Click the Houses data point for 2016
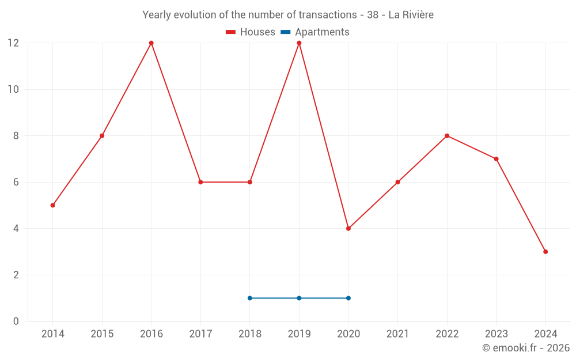click(x=151, y=43)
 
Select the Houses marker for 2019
click(x=299, y=43)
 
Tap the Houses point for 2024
click(x=545, y=252)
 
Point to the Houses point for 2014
click(x=53, y=205)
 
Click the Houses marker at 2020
click(x=348, y=229)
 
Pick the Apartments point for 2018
click(x=250, y=298)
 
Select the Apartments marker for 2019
click(x=299, y=298)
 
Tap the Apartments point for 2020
click(x=348, y=298)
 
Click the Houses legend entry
click(x=251, y=32)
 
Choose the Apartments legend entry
click(x=315, y=32)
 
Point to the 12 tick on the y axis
click(x=13, y=43)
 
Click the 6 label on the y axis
click(x=16, y=182)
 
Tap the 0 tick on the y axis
click(x=16, y=321)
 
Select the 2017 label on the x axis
click(x=200, y=334)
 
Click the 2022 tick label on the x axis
click(x=447, y=334)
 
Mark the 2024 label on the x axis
click(x=545, y=334)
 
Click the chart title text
click(x=288, y=15)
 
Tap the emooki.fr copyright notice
click(x=526, y=348)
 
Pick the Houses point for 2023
click(x=496, y=159)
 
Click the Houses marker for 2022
click(x=447, y=136)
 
